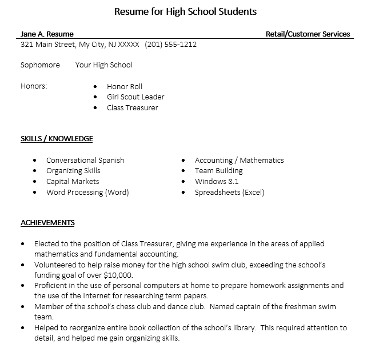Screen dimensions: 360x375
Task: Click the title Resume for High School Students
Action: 185,11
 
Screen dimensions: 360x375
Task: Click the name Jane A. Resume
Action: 47,34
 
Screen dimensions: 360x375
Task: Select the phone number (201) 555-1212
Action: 170,44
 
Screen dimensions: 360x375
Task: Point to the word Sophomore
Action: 40,65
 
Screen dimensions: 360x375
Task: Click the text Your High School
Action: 103,65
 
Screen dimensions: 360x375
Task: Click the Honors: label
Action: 34,86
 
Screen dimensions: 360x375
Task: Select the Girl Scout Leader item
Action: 135,97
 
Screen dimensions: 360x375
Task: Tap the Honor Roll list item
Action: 124,86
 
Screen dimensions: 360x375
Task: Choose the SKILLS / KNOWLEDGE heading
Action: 57,138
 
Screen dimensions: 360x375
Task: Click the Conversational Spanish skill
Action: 85,160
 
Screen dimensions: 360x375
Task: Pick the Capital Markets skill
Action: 73,181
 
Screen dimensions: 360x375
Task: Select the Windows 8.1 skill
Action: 217,181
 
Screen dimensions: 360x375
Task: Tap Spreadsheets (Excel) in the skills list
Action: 229,192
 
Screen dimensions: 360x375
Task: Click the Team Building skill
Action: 218,170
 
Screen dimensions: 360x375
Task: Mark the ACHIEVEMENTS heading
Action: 47,222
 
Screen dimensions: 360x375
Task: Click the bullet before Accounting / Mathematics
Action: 183,161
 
